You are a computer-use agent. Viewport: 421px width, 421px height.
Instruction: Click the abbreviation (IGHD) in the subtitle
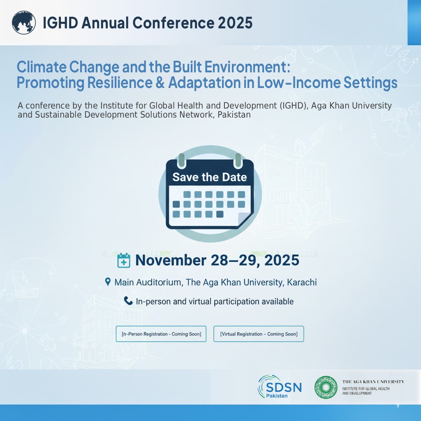point(293,106)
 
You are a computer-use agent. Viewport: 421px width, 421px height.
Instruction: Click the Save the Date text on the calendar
point(210,177)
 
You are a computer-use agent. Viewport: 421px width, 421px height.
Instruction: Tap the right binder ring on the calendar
point(238,160)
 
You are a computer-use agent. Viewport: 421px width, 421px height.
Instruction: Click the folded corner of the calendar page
point(245,220)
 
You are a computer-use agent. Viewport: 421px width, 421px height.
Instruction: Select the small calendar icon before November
point(124,261)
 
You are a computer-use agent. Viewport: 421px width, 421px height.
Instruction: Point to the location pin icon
point(108,282)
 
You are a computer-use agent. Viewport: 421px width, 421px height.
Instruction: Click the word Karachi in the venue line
point(302,283)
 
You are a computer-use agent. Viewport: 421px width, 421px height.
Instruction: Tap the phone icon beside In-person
point(128,301)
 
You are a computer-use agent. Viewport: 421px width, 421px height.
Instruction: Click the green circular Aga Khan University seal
point(326,388)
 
